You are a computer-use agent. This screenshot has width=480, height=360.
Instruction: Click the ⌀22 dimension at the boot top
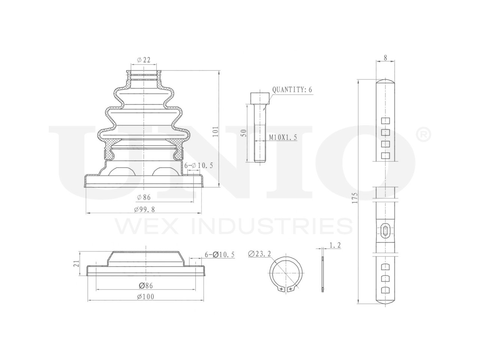(x=144, y=60)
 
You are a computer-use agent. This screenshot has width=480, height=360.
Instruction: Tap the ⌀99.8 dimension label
(x=144, y=210)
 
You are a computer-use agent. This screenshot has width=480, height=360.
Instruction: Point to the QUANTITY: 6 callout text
(x=292, y=90)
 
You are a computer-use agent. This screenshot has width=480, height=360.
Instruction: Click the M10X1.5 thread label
(x=283, y=138)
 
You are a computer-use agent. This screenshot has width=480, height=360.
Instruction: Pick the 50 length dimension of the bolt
(x=244, y=133)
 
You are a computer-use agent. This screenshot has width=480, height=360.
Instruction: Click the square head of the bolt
(x=260, y=98)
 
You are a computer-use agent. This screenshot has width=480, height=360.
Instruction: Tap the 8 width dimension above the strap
(x=385, y=58)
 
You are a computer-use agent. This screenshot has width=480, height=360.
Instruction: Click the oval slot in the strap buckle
(x=385, y=230)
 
